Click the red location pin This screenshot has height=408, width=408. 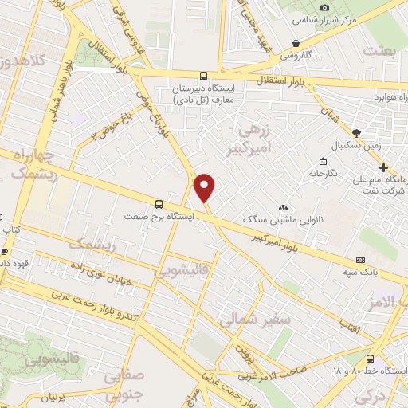pyautogui.click(x=205, y=187)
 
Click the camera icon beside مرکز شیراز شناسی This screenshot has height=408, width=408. pyautogui.click(x=324, y=7)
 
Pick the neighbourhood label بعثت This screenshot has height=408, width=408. pyautogui.click(x=379, y=51)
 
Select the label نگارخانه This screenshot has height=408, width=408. pyautogui.click(x=323, y=173)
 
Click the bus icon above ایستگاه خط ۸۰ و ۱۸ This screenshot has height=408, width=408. pyautogui.click(x=371, y=359)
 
